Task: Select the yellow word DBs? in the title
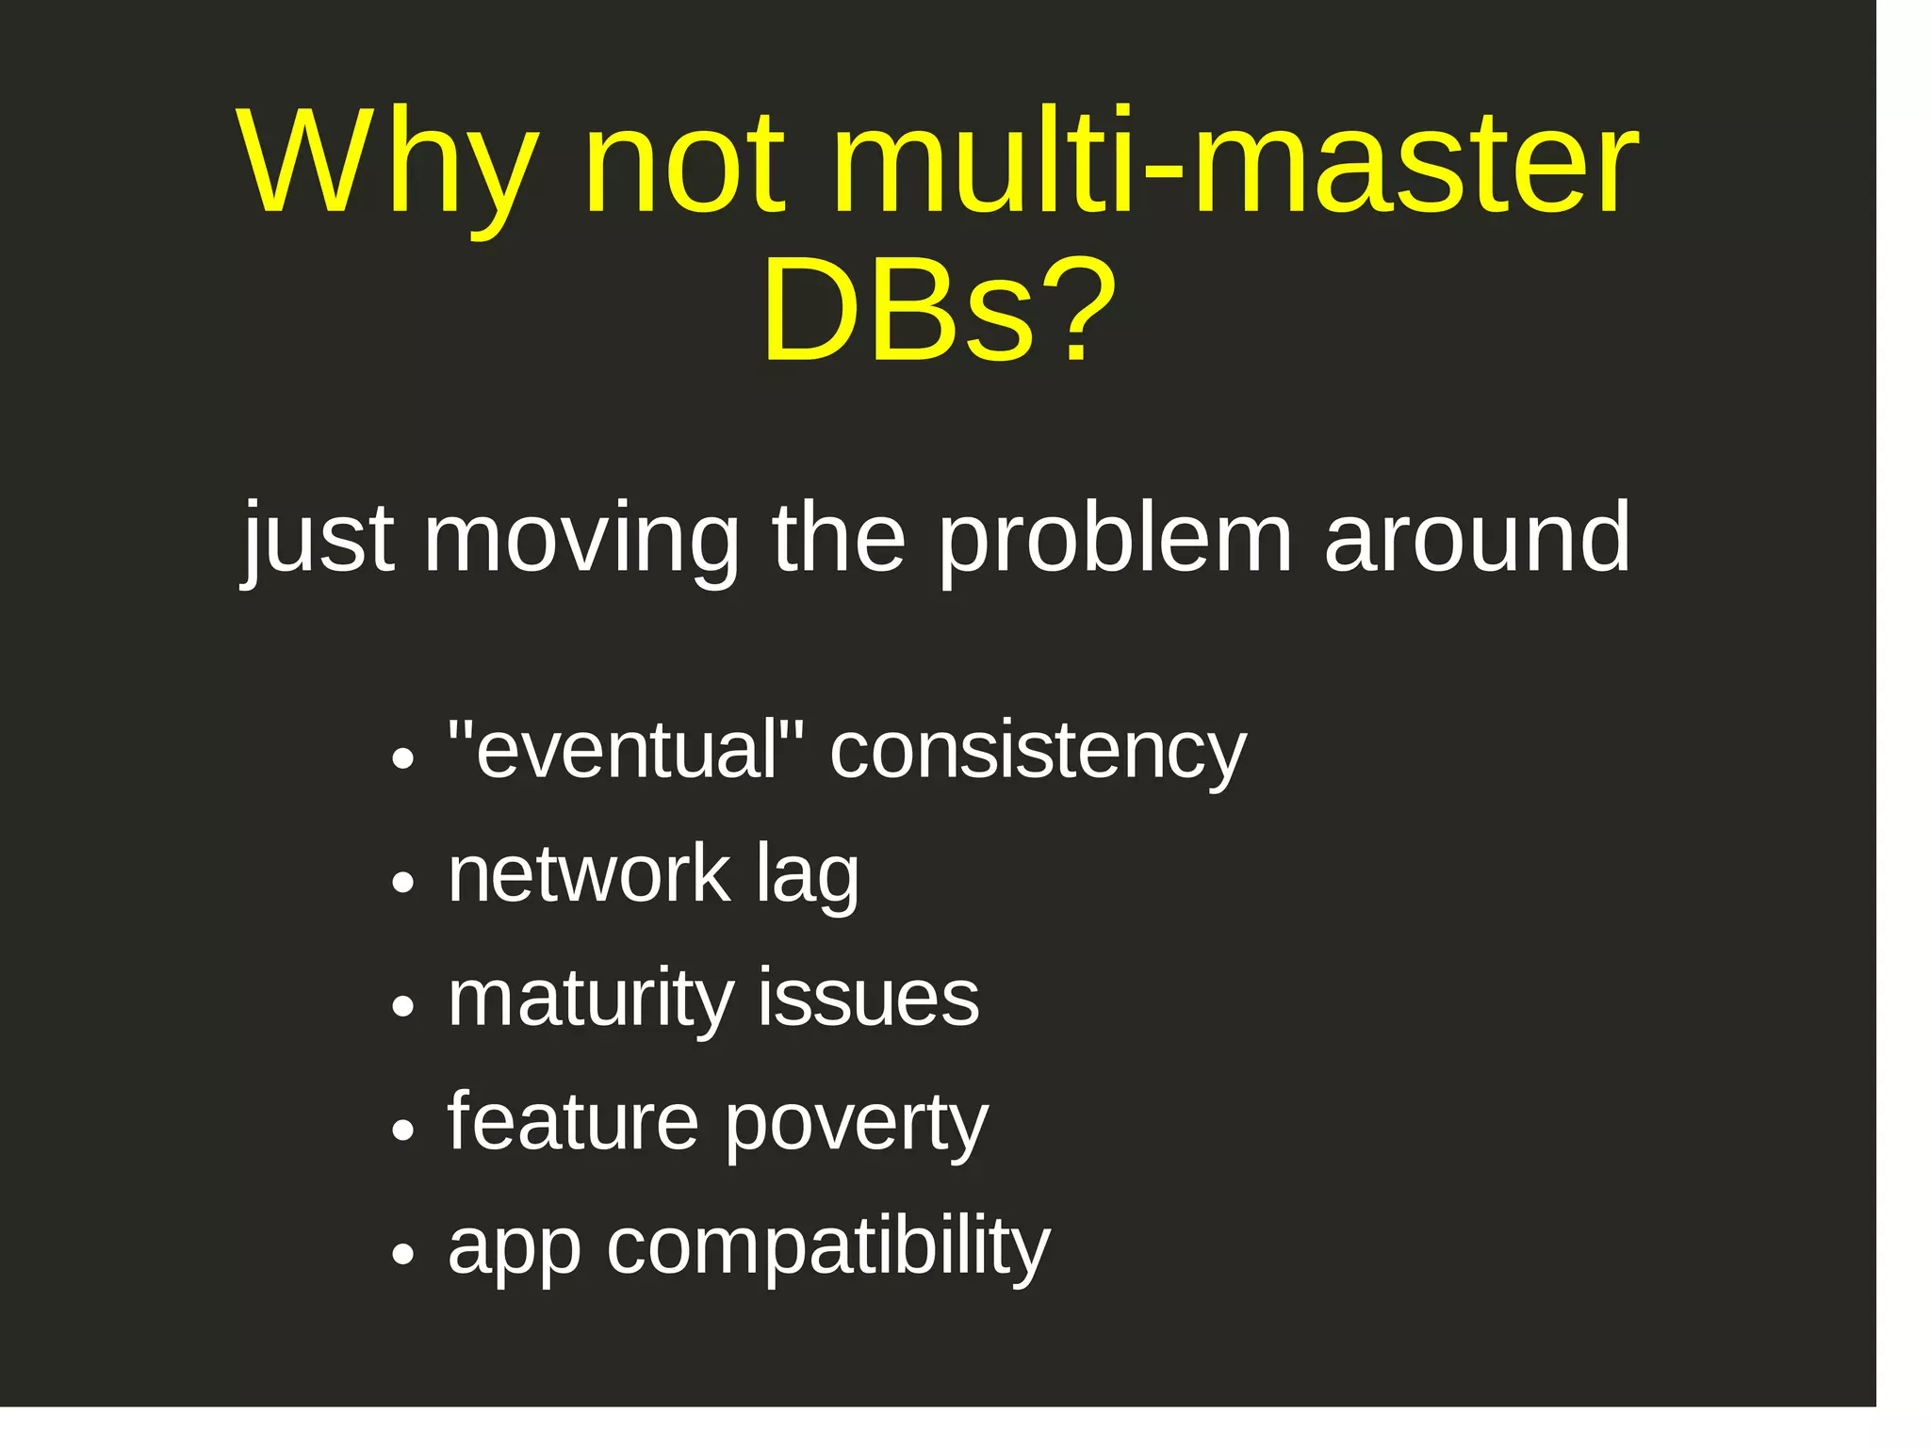(x=939, y=311)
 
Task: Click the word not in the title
(x=684, y=165)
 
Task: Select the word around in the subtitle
(x=1477, y=539)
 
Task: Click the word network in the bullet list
(x=589, y=875)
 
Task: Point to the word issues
(x=868, y=999)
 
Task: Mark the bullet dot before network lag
(x=403, y=883)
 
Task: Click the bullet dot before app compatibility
(x=403, y=1255)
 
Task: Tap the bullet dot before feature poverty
(x=403, y=1131)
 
